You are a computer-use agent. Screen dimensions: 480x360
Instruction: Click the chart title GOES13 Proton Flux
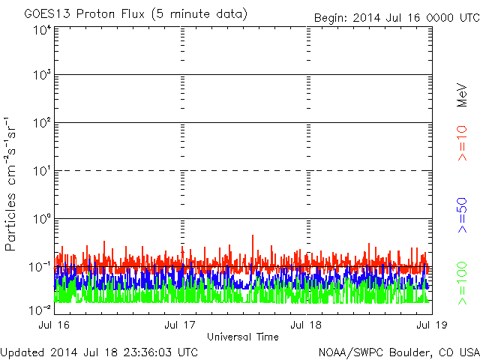84,14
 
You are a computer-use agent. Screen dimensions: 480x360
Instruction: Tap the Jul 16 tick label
54,325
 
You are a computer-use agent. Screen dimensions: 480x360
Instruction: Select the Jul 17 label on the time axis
180,325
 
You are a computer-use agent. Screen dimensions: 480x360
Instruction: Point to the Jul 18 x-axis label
306,325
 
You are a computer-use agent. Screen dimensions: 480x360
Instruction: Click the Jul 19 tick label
432,325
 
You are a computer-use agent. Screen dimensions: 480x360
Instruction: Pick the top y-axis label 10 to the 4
42,30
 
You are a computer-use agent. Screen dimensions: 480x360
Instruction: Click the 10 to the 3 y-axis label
42,74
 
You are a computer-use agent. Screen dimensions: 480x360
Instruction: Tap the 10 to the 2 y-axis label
42,122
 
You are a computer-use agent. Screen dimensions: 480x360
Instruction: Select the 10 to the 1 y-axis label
42,170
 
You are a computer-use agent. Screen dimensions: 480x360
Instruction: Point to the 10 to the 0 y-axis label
42,218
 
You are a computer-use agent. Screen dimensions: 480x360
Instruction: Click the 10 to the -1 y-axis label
40,267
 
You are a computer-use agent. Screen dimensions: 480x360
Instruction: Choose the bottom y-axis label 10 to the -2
40,310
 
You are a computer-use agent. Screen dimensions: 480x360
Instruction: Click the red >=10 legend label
462,143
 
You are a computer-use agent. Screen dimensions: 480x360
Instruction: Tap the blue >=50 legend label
462,215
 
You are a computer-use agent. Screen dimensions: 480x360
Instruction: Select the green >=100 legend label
462,283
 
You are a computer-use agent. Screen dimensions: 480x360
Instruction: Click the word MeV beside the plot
462,95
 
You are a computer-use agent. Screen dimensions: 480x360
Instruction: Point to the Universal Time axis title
243,337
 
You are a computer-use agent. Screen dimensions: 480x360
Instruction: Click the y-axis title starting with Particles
10,184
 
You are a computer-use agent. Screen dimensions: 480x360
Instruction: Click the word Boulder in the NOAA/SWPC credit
409,352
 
